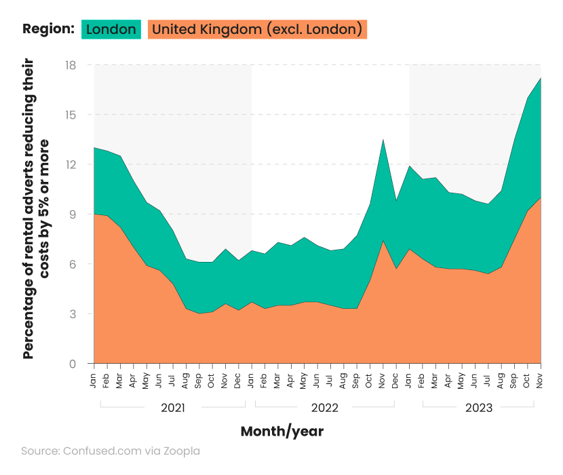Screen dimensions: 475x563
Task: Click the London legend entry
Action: pos(111,29)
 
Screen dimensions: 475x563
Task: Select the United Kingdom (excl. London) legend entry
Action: pos(257,29)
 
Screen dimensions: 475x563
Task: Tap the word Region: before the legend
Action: pos(48,29)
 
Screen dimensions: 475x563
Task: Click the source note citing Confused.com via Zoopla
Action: pos(111,451)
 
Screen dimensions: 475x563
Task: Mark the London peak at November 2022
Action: pos(383,139)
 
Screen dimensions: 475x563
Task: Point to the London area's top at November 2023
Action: pos(541,78)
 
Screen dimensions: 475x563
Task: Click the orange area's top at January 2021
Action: pos(94,214)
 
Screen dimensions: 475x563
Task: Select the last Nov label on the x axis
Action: pos(541,382)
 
